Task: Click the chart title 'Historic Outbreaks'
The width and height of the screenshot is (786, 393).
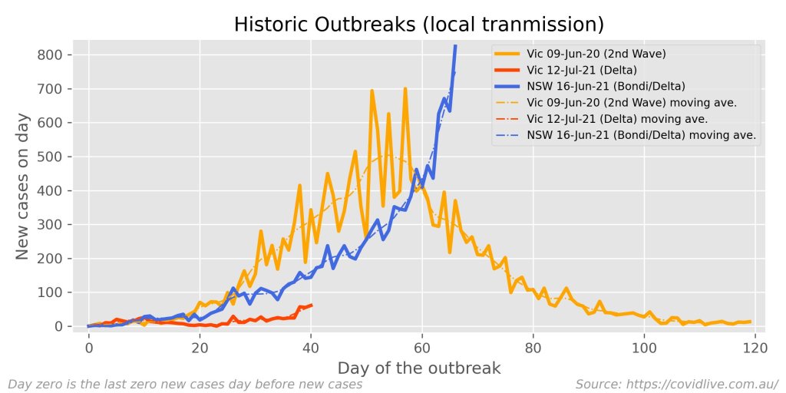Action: (x=419, y=25)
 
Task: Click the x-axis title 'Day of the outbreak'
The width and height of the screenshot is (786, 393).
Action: (x=420, y=368)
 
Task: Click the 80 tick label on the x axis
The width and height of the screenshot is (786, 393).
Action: (x=533, y=347)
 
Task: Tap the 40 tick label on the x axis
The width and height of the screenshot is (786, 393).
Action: (x=311, y=347)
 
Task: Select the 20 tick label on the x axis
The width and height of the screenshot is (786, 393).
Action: (x=200, y=347)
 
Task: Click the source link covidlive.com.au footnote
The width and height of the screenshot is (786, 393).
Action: (x=677, y=383)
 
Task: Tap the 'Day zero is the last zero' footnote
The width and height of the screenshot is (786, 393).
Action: (x=184, y=383)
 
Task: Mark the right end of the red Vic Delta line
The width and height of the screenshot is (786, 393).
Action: (x=311, y=305)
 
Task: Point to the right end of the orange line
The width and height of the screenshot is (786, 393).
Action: (x=749, y=322)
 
